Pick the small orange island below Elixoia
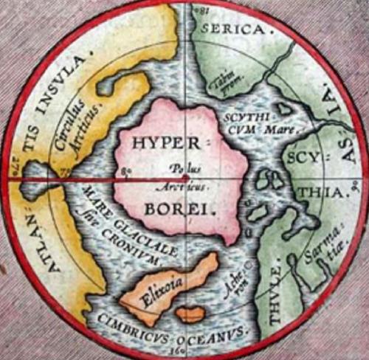click(190, 314)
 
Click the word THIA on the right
click(324, 193)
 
